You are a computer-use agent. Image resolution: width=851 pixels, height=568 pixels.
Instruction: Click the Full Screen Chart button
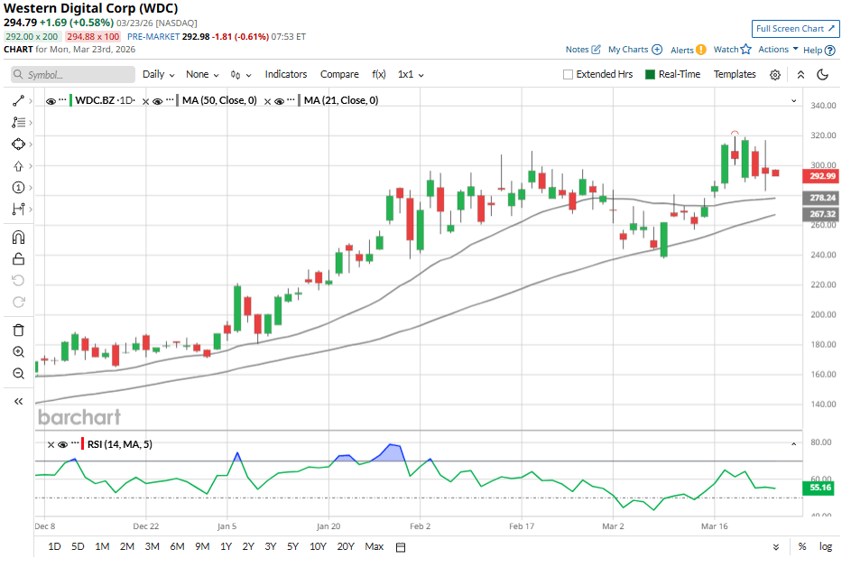(x=795, y=29)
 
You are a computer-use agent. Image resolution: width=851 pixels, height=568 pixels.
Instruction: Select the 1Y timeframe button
(x=226, y=546)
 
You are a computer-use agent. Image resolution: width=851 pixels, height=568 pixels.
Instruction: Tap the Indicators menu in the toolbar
(x=285, y=74)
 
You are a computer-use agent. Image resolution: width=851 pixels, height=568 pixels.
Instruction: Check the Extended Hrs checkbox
(x=569, y=74)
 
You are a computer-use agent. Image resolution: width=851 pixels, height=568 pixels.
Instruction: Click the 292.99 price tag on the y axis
(x=822, y=176)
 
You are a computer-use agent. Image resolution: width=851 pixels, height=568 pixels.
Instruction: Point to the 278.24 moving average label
(x=822, y=197)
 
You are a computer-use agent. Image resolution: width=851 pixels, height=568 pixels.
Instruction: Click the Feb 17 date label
(x=523, y=525)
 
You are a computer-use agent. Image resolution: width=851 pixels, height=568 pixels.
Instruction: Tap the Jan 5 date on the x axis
(x=227, y=525)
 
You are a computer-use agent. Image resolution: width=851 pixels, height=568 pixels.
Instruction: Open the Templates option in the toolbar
(x=735, y=74)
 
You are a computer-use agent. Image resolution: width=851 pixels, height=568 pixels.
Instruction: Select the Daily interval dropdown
(x=158, y=74)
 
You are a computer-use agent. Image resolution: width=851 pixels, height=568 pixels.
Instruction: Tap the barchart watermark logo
(x=79, y=416)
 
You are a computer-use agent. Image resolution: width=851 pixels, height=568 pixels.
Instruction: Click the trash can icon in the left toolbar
(x=19, y=331)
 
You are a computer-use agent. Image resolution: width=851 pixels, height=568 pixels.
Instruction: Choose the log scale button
(x=826, y=546)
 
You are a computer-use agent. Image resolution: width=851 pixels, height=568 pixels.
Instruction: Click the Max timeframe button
(x=374, y=546)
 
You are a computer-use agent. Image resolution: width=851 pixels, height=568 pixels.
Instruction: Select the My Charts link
(x=634, y=50)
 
